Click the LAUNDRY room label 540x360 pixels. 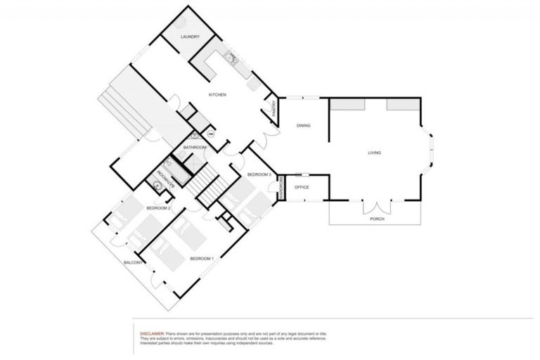click(x=191, y=37)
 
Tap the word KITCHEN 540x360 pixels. click(x=217, y=95)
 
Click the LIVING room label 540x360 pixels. click(x=374, y=153)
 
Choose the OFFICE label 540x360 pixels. click(x=302, y=187)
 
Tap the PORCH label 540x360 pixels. click(x=377, y=219)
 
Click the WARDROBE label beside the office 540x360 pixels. click(x=281, y=187)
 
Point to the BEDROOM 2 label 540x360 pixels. click(x=159, y=208)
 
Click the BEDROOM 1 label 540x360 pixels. click(x=202, y=259)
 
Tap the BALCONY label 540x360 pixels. click(x=134, y=262)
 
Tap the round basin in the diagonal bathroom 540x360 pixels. click(x=155, y=186)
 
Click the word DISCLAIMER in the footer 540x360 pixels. click(x=153, y=333)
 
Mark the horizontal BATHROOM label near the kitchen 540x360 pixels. click(x=195, y=148)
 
